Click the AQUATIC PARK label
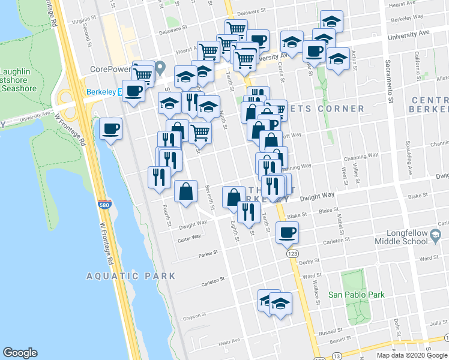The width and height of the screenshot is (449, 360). point(131,276)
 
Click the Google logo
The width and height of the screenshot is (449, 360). point(20,353)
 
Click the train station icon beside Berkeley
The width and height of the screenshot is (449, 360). point(121,92)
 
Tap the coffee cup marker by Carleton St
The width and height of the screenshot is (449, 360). point(288,232)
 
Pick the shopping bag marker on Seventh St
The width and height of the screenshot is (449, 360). point(186,192)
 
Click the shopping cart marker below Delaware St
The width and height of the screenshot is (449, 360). point(236,29)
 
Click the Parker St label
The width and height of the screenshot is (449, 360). point(206,255)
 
